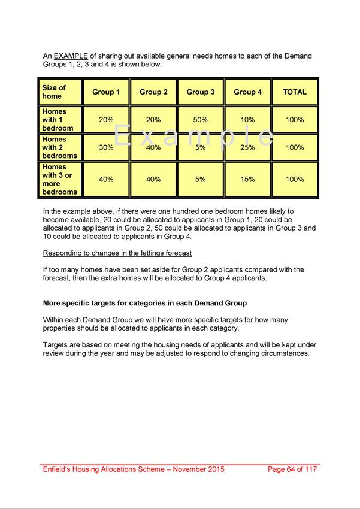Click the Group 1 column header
coord(106,92)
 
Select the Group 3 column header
coord(201,92)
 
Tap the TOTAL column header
coord(295,92)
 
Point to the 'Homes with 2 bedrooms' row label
coord(59,147)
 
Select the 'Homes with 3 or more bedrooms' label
coord(59,180)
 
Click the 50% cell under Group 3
coord(201,120)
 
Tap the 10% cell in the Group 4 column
coord(247,120)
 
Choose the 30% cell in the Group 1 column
coord(106,147)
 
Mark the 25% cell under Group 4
coord(247,147)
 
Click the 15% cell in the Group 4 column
coord(247,180)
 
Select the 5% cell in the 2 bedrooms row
coord(201,147)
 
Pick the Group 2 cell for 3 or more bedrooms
coord(153,180)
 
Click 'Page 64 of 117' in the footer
coord(292,469)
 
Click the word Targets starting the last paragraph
coord(57,345)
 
